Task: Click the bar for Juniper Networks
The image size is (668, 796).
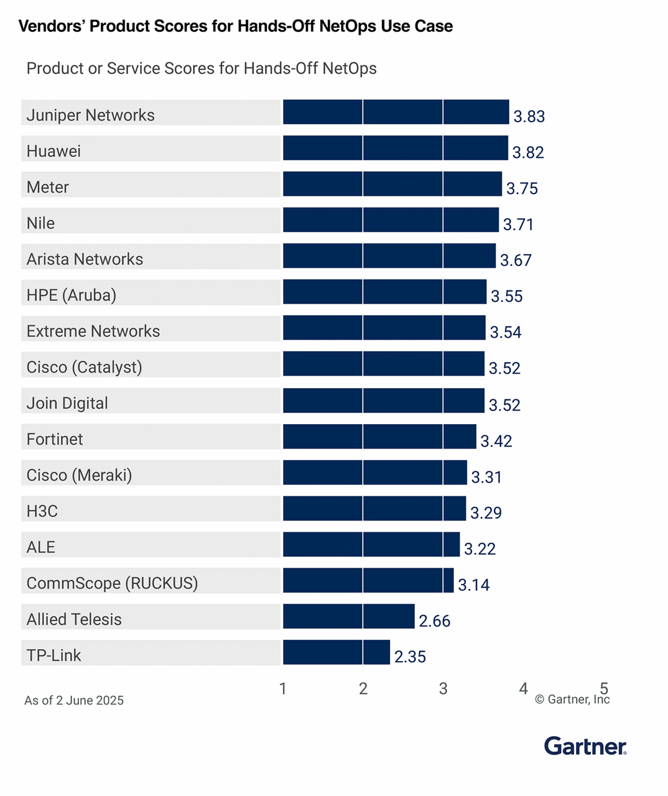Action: tap(396, 113)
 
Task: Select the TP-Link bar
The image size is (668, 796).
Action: tap(336, 652)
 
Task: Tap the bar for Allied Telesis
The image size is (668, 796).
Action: tap(348, 616)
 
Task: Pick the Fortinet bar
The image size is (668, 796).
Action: tap(379, 437)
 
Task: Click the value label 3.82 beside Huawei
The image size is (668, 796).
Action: tap(528, 152)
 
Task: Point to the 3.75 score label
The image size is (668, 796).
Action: tap(522, 188)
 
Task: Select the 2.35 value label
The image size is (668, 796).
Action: tap(410, 657)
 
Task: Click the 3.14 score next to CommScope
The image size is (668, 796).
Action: tap(474, 585)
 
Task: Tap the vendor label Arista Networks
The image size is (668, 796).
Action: tap(85, 259)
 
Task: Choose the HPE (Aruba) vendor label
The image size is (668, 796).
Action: tap(72, 295)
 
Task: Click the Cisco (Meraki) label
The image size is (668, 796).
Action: tap(79, 475)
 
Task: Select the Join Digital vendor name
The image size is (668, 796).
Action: tap(67, 403)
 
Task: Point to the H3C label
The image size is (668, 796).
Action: tap(42, 511)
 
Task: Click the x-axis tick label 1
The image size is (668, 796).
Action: tap(283, 688)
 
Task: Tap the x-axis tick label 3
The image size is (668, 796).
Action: tap(443, 688)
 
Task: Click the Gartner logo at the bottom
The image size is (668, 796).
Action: tap(585, 746)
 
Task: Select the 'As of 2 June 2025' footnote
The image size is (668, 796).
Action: tap(74, 700)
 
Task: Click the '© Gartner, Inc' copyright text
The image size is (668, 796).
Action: tap(572, 700)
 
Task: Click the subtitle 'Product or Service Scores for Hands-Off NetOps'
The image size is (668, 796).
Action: tap(202, 68)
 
